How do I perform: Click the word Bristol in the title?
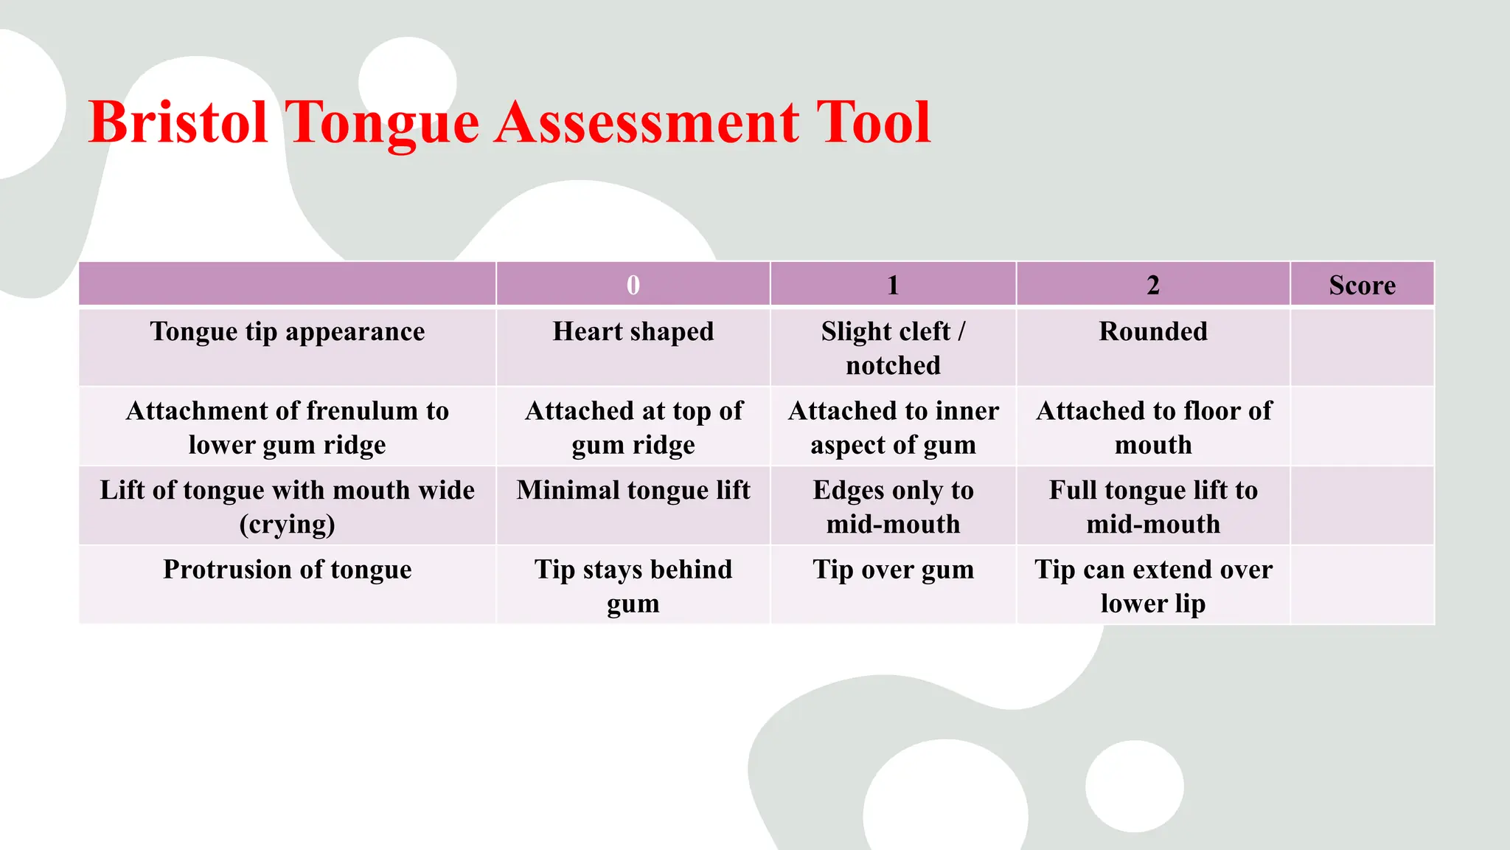point(178,122)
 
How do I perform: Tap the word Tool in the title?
point(874,122)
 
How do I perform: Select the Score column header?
point(1362,285)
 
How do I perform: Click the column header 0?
point(633,285)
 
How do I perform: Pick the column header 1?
point(893,285)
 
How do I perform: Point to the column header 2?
point(1153,285)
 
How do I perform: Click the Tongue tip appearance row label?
point(288,332)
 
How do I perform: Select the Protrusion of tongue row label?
point(288,570)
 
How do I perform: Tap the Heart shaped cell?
point(633,332)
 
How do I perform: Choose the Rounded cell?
point(1153,332)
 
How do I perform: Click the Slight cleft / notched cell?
point(893,348)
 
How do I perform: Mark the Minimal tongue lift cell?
point(633,491)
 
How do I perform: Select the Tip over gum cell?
point(893,570)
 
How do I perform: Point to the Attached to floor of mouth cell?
point(1153,428)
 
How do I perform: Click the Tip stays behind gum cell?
point(633,586)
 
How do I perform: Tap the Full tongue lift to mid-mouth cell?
point(1153,507)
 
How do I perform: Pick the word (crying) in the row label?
point(288,525)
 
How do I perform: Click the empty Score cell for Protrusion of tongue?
point(1362,585)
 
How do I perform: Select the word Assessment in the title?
point(647,122)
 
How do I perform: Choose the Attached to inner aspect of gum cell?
point(893,428)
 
